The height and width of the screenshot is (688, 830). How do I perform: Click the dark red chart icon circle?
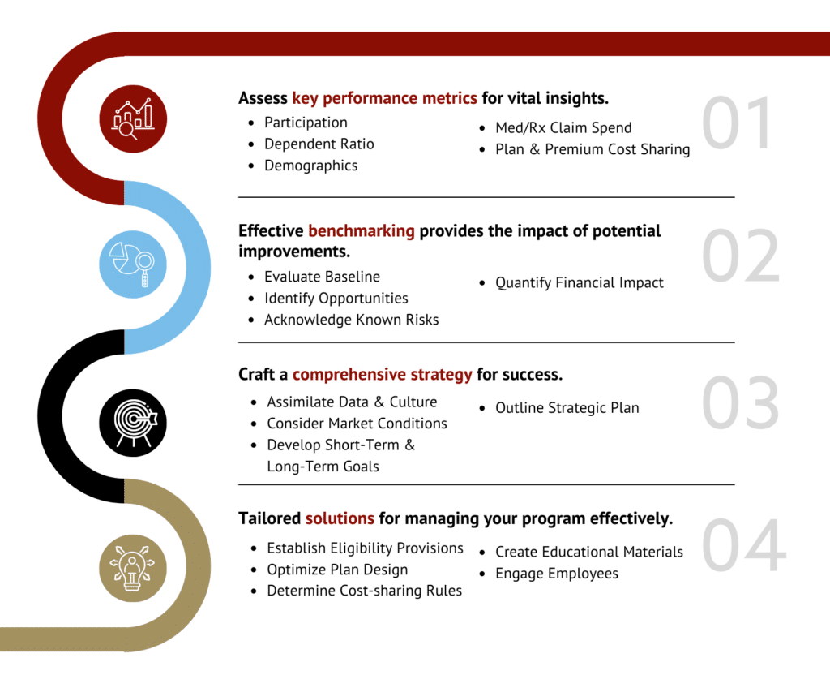133,118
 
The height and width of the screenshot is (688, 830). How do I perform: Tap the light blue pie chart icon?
133,264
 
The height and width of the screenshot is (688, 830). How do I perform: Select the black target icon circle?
133,423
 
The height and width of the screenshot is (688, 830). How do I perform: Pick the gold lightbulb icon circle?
133,568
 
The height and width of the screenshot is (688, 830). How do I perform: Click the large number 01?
737,123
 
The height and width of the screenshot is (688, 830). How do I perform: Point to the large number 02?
741,256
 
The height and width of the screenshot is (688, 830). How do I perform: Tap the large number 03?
741,402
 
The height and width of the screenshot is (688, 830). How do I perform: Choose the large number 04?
744,544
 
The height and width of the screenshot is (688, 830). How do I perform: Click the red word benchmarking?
362,231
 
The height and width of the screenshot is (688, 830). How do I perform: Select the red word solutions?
340,518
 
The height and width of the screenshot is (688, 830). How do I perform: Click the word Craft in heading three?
257,374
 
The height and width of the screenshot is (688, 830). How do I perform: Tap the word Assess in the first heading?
263,98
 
